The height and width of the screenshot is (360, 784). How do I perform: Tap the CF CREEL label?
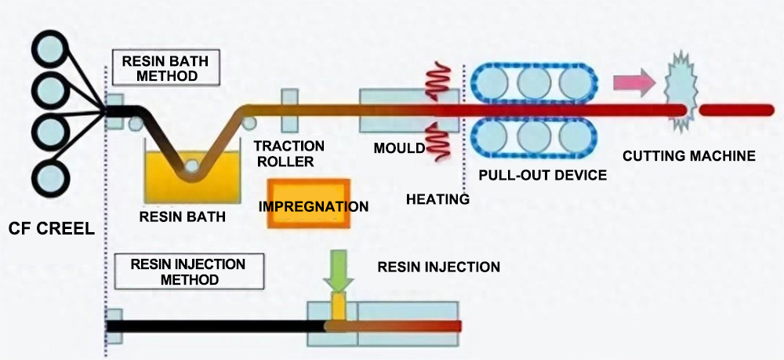click(51, 229)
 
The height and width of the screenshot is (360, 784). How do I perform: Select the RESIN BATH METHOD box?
click(166, 68)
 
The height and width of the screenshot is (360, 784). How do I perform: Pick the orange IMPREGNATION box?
click(308, 205)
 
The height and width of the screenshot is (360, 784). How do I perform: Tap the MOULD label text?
click(399, 148)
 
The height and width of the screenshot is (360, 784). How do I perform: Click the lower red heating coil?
click(437, 144)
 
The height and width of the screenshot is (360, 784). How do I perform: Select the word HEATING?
click(437, 199)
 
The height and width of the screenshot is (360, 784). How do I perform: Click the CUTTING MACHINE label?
click(689, 156)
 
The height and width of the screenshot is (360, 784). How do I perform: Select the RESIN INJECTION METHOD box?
click(185, 271)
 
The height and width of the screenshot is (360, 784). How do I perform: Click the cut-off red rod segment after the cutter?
click(737, 110)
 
